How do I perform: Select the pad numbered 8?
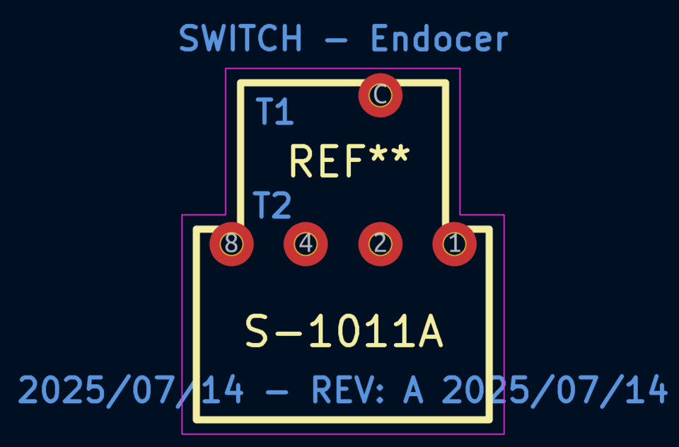point(231,244)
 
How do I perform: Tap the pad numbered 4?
point(306,244)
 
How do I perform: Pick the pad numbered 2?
point(381,244)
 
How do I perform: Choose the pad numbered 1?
point(454,244)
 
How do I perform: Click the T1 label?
point(274,112)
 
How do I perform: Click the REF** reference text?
point(349,161)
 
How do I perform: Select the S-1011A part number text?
point(344,332)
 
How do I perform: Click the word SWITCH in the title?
point(240,38)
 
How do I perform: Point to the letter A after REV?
point(413,390)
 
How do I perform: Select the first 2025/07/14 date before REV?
point(131,390)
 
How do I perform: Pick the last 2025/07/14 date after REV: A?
point(555,390)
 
